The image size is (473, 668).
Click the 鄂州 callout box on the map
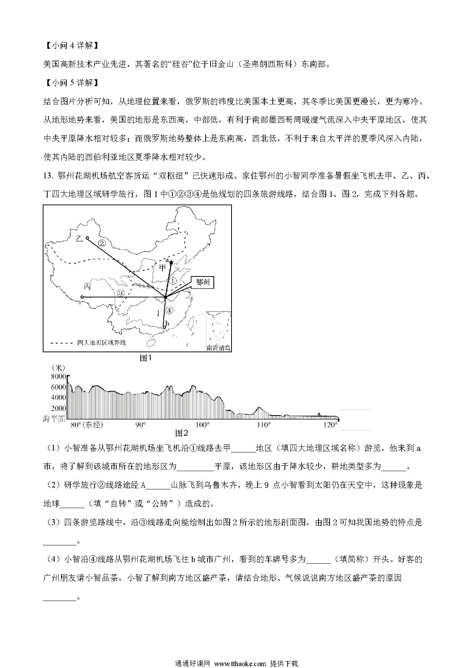tap(203, 283)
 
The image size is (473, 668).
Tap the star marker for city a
tap(171, 262)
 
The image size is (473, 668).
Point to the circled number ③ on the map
tap(121, 293)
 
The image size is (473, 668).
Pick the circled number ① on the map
tap(173, 281)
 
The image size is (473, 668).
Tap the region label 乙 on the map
tap(79, 239)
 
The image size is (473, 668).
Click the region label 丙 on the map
tap(88, 286)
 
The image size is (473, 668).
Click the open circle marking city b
tap(164, 327)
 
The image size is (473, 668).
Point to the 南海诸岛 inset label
tap(219, 348)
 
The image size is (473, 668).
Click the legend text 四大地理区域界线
tap(101, 343)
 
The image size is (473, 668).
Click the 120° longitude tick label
tap(331, 425)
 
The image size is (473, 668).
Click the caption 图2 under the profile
tap(182, 433)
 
